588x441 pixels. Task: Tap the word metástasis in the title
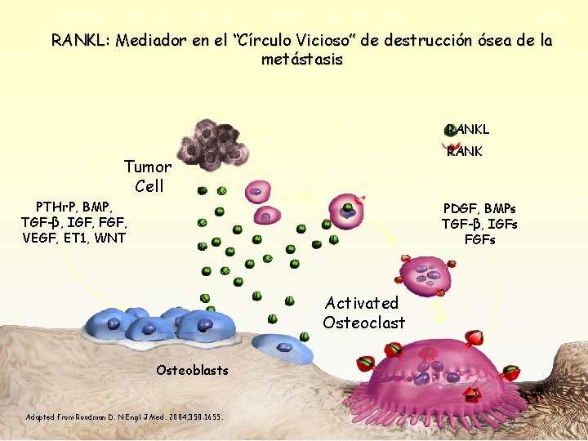point(302,60)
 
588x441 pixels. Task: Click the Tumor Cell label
point(148,176)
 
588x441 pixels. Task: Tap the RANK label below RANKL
point(466,151)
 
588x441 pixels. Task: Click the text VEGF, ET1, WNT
point(74,238)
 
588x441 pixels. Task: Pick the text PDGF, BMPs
point(479,208)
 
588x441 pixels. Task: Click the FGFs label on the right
point(479,239)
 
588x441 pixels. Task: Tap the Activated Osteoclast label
point(363,313)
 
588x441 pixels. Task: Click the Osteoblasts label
point(192,371)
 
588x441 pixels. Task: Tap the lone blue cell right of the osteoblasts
point(284,349)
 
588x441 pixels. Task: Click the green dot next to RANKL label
point(448,129)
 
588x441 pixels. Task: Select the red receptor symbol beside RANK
point(447,148)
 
